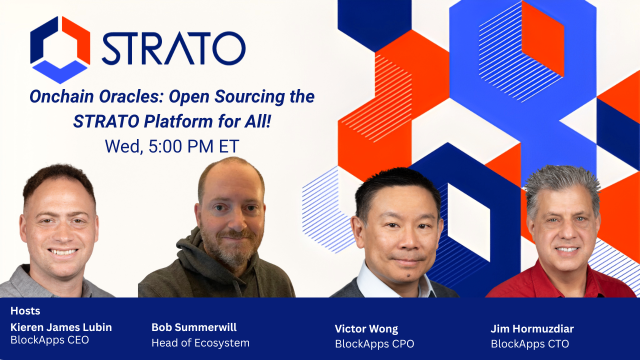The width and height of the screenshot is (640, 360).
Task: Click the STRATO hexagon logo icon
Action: coord(60,49)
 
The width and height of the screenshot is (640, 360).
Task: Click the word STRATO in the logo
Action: coord(173,49)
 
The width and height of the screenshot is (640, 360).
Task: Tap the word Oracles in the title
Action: coord(132,96)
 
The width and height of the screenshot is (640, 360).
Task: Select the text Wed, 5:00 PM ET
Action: coord(172,146)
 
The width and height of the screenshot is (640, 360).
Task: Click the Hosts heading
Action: coord(25,311)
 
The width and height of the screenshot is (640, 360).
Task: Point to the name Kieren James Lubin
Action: coord(61,327)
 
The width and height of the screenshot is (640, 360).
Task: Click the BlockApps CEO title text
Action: coord(49,340)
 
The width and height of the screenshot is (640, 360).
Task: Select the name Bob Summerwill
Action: coord(194,327)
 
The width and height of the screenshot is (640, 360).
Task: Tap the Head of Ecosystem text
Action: coord(200,343)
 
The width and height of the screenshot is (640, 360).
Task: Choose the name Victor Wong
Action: coord(366,329)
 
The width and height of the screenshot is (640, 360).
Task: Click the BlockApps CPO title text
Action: coord(374,344)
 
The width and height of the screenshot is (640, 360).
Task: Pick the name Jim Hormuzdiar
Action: coord(532,329)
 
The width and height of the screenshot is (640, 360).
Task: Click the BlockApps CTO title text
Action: coord(529,344)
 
